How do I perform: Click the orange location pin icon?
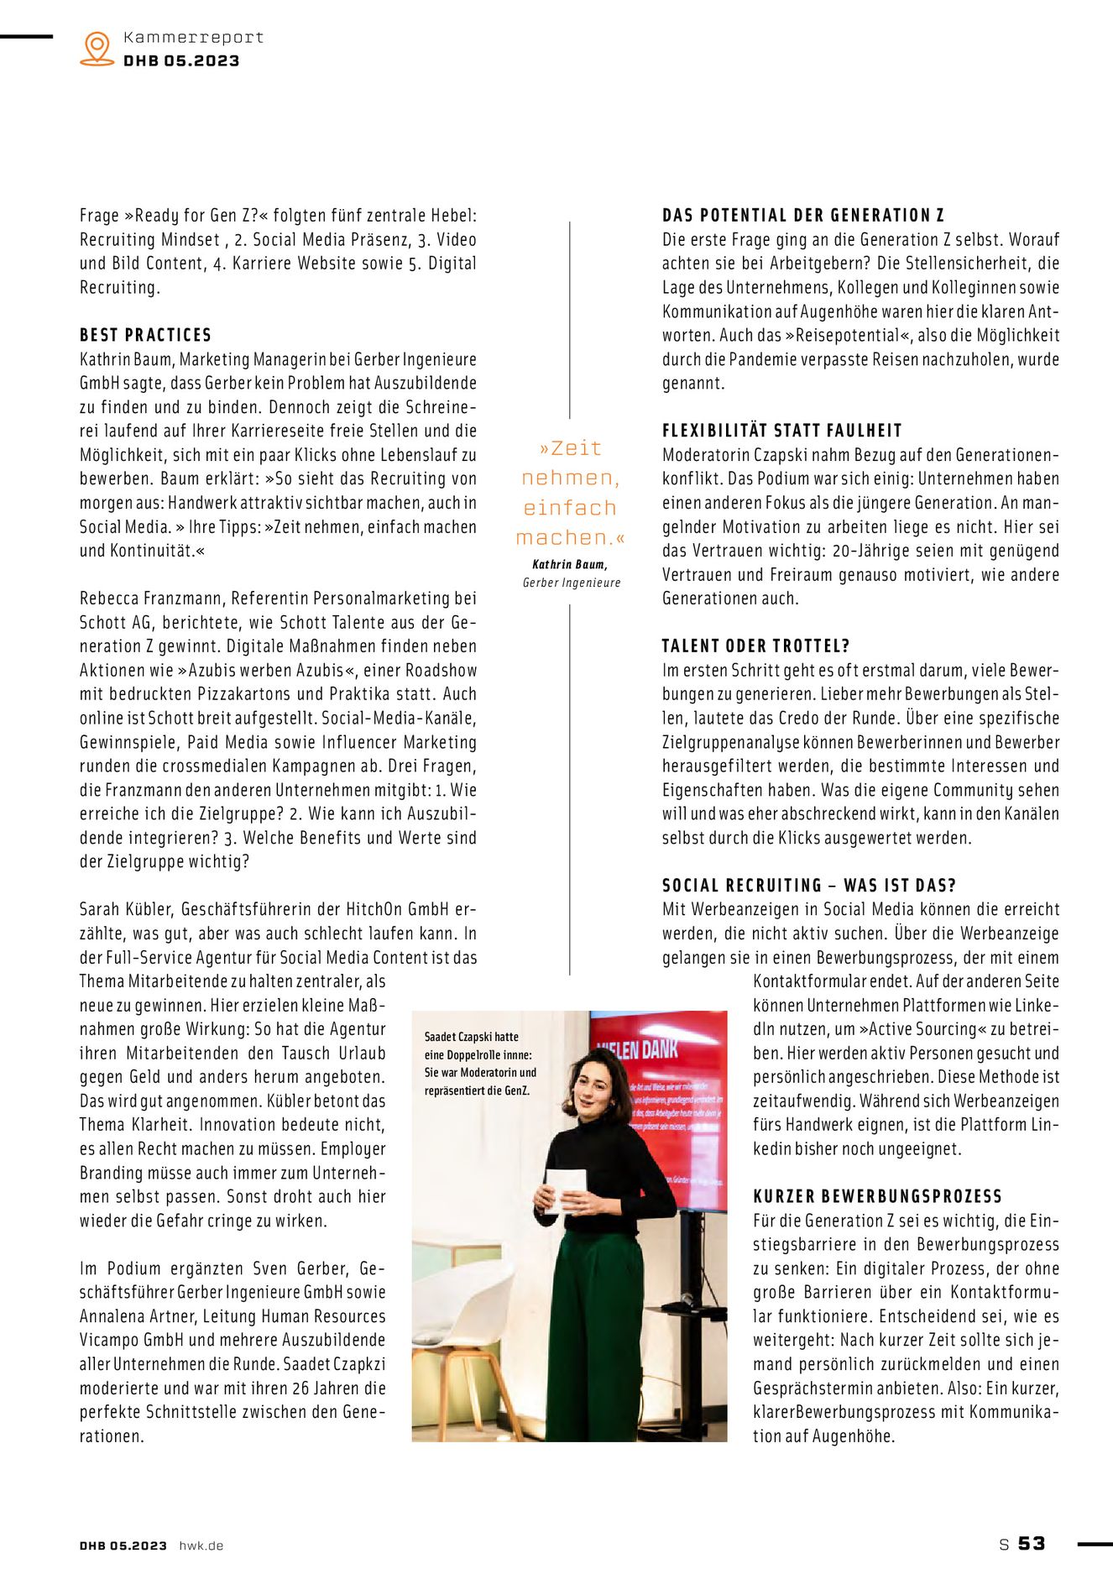click(97, 48)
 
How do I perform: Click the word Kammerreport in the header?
click(193, 37)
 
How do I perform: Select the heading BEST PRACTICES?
click(145, 335)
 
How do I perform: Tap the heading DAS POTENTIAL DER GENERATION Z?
click(803, 215)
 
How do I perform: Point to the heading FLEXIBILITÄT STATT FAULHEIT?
click(781, 431)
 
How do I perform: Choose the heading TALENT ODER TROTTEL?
click(755, 646)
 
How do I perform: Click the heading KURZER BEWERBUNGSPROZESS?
click(877, 1196)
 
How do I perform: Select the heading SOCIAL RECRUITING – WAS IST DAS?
click(808, 885)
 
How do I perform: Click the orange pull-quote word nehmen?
click(570, 478)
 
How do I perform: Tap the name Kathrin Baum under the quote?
click(569, 565)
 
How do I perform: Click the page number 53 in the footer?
click(1032, 1544)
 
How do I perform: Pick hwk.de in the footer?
click(201, 1545)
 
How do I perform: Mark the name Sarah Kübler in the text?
click(126, 909)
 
